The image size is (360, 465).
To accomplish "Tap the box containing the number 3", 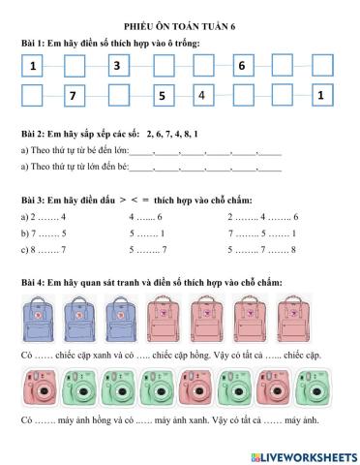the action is pyautogui.click(x=117, y=66).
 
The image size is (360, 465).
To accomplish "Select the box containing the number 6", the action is pyautogui.click(x=242, y=66).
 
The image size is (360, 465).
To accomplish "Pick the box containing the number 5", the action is pyautogui.click(x=161, y=96).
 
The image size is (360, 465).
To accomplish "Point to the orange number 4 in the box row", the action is pyautogui.click(x=201, y=95).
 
